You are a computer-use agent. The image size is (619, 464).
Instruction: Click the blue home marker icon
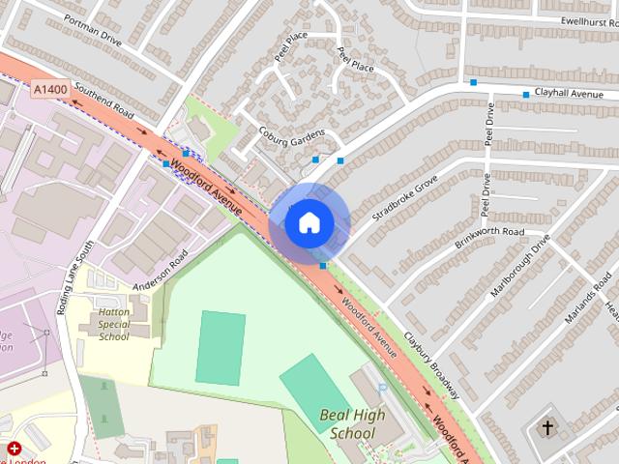point(309,222)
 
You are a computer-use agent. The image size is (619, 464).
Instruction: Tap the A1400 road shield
point(49,89)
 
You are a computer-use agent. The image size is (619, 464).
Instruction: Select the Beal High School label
point(352,424)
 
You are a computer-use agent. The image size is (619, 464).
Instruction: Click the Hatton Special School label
point(113,325)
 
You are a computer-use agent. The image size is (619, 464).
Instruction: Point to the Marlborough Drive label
point(520,266)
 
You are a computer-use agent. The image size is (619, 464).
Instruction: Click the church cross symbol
point(547,426)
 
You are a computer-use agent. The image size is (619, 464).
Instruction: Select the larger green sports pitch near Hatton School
point(221,347)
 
